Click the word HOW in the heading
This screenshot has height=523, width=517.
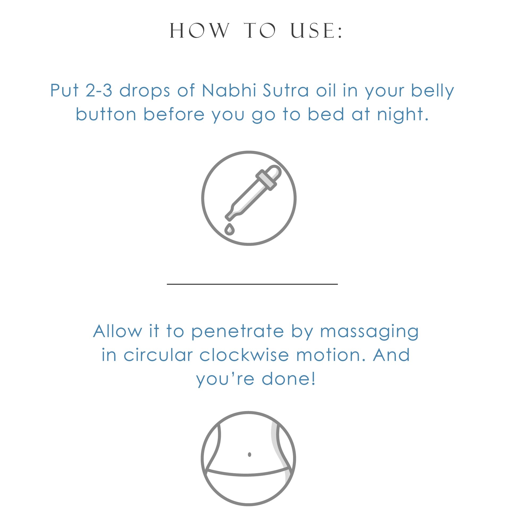[200, 30]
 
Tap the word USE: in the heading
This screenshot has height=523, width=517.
[316, 30]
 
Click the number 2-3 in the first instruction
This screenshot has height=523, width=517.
[99, 90]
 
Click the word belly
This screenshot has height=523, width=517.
[432, 90]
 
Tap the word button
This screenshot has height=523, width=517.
[106, 114]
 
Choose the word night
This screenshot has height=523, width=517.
[402, 114]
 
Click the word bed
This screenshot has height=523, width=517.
[326, 114]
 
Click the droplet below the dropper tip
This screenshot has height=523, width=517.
[229, 229]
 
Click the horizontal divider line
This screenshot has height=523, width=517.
[252, 284]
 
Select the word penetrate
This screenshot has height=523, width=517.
[238, 332]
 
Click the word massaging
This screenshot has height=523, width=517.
[369, 332]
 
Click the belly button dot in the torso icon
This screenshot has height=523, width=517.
[249, 455]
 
